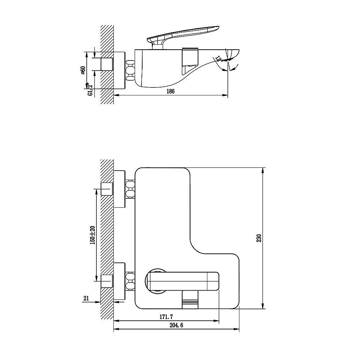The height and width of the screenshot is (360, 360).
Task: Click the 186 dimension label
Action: pos(170,91)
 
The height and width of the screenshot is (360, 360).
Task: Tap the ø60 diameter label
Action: pos(83,70)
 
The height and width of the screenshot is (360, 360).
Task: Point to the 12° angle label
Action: pos(219,59)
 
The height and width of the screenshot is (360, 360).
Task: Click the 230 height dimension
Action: pos(259,238)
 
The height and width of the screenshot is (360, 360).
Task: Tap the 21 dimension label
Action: pos(86,298)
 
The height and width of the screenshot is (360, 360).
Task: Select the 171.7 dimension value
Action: pos(166,317)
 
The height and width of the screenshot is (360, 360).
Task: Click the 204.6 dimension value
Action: pos(176,325)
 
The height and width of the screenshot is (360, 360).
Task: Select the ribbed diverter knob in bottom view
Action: pos(190,300)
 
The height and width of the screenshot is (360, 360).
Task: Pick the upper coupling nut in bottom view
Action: pos(130,189)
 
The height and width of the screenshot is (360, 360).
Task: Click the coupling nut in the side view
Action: pos(130,70)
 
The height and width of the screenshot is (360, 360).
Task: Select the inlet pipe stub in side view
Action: pos(107,64)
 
